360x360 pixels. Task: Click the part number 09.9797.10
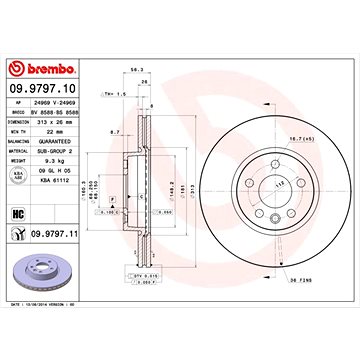[38, 62]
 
